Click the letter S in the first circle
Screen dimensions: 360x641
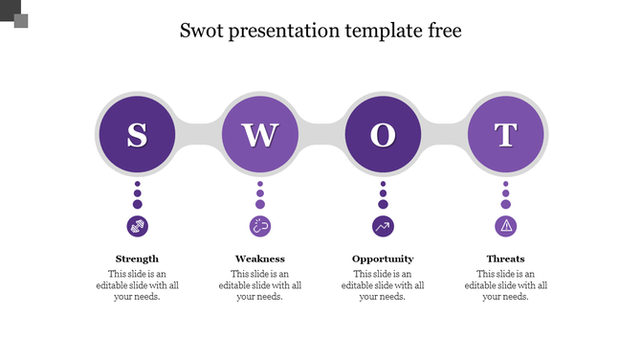(137, 136)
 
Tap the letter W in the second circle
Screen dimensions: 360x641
(260, 136)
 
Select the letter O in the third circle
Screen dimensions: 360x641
(383, 136)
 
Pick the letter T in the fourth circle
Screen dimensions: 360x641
(506, 136)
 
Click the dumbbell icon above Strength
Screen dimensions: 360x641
(137, 226)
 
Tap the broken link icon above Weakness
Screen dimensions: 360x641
(260, 226)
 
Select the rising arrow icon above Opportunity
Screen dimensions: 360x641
(383, 226)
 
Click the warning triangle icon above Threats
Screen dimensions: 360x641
(506, 226)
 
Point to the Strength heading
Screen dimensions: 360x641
(137, 259)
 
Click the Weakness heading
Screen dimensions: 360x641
(260, 259)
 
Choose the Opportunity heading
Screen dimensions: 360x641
(383, 259)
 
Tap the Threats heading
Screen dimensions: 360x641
(506, 259)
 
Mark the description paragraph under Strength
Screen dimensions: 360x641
(137, 285)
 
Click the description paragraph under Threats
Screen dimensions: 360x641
(506, 285)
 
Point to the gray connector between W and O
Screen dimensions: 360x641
(321, 136)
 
